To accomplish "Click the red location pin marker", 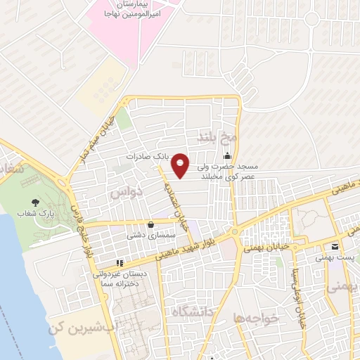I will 181,166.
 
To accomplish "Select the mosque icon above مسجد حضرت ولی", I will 227,156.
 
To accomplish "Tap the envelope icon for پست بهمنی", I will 335,247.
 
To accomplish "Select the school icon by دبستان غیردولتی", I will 120,264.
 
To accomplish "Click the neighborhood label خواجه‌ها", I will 259,318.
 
